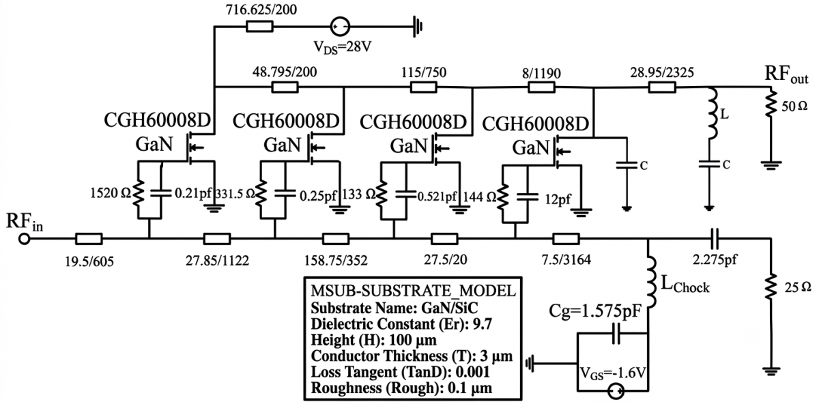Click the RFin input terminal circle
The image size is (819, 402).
[25, 239]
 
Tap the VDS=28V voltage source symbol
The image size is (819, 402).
[340, 27]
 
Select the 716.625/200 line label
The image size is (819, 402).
[261, 10]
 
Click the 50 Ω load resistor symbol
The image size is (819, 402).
[771, 104]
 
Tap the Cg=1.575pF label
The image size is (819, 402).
[595, 311]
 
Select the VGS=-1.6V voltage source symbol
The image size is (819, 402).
[616, 392]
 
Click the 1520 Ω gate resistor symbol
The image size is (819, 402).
[138, 194]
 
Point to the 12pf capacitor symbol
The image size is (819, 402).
[527, 197]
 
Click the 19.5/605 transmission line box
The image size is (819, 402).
[89, 239]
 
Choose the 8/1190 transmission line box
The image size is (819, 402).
[541, 87]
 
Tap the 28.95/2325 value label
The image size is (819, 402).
[662, 72]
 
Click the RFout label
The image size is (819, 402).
[786, 74]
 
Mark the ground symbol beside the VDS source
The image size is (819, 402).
[418, 27]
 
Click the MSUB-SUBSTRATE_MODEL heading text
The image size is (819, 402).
[413, 291]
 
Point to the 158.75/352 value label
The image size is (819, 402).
[336, 261]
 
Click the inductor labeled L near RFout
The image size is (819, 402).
[713, 113]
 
